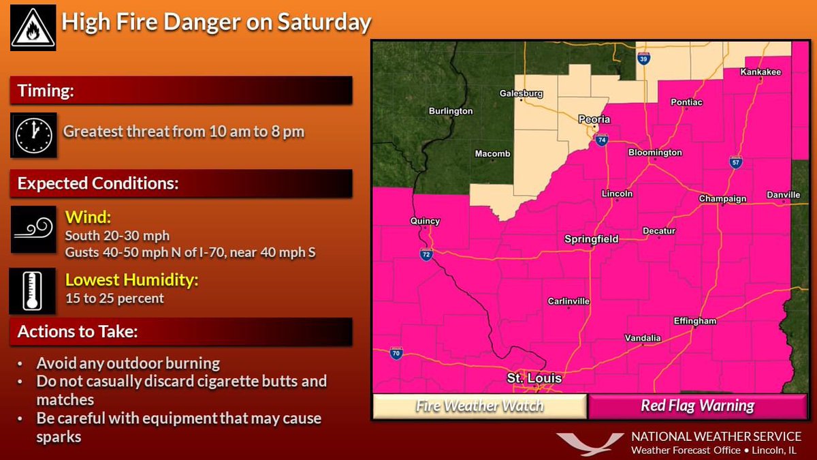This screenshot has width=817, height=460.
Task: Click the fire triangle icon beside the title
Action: click(x=32, y=27)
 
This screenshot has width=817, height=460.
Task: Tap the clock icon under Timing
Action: click(x=32, y=133)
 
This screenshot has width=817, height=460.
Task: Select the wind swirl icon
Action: click(x=32, y=230)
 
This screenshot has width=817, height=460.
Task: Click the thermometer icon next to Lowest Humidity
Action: click(x=32, y=290)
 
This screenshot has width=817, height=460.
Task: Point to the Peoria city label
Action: click(x=594, y=119)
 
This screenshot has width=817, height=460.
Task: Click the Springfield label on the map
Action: click(x=591, y=239)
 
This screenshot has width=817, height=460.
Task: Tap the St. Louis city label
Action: click(x=534, y=378)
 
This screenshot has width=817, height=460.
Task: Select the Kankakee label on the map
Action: click(x=760, y=72)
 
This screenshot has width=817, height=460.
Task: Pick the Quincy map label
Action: click(x=425, y=221)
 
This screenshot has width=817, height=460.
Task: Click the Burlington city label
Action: click(x=451, y=111)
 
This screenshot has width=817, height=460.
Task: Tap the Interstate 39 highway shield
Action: click(x=644, y=59)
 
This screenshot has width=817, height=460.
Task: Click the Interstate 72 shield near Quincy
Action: click(x=425, y=254)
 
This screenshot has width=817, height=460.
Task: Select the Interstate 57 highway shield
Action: click(x=735, y=162)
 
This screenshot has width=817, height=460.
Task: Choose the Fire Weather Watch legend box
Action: click(x=479, y=406)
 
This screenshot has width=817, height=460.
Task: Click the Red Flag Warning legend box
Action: click(x=697, y=406)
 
